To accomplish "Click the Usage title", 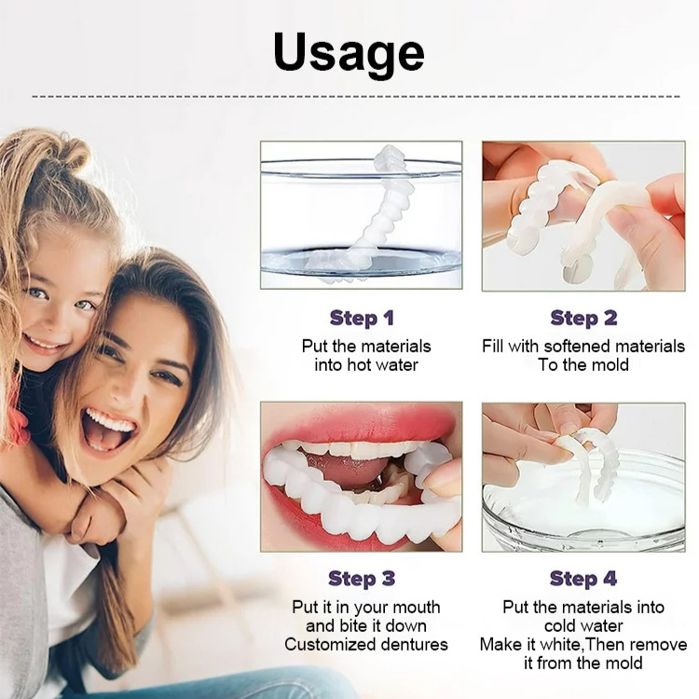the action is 349,53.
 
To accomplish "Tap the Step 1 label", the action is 362,319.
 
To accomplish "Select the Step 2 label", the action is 583,319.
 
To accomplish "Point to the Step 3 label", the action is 362,579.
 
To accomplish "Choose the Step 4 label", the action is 583,579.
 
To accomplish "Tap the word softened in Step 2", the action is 577,347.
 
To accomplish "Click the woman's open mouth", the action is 108,431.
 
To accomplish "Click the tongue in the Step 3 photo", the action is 353,468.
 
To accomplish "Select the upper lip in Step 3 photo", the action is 357,426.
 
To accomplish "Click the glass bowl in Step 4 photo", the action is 584,500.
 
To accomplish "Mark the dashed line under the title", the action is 356,96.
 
